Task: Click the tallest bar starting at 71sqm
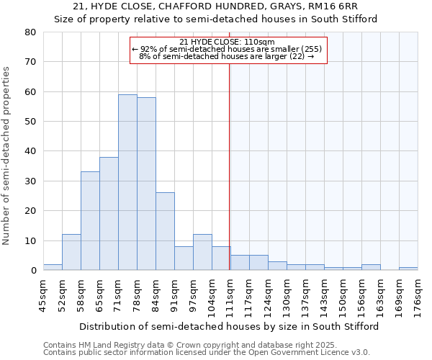point(127,182)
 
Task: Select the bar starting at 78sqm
point(146,184)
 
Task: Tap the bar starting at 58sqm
point(90,220)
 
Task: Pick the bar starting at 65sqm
point(109,213)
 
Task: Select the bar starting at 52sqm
point(71,252)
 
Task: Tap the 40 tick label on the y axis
point(30,151)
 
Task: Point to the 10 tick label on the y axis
point(30,240)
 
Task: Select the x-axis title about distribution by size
point(229,326)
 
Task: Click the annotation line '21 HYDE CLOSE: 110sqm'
point(228,42)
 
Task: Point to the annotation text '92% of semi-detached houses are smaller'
point(228,49)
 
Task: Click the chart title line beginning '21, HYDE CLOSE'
point(216,6)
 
